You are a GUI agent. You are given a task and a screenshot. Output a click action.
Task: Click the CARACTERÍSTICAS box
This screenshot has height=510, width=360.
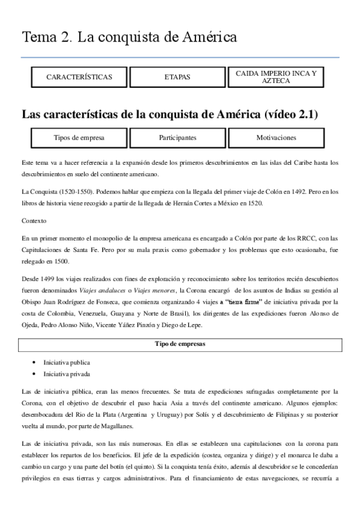click(79, 77)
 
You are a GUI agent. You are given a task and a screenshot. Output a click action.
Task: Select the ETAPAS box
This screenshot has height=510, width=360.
click(177, 77)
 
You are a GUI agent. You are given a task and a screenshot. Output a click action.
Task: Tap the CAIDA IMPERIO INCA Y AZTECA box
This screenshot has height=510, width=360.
click(276, 76)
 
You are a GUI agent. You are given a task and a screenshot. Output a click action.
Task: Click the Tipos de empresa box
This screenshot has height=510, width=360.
click(79, 137)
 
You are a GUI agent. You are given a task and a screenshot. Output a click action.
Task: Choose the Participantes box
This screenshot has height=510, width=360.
click(177, 137)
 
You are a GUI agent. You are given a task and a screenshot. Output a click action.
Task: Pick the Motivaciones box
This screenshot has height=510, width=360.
click(276, 137)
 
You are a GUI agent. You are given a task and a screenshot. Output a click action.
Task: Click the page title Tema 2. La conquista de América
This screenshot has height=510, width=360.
click(129, 37)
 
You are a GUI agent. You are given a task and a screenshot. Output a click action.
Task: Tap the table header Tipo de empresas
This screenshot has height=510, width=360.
click(180, 345)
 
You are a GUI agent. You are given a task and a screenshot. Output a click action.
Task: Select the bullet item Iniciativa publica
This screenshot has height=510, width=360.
click(67, 363)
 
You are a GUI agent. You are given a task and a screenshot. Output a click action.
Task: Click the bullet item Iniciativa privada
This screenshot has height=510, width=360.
click(67, 373)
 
